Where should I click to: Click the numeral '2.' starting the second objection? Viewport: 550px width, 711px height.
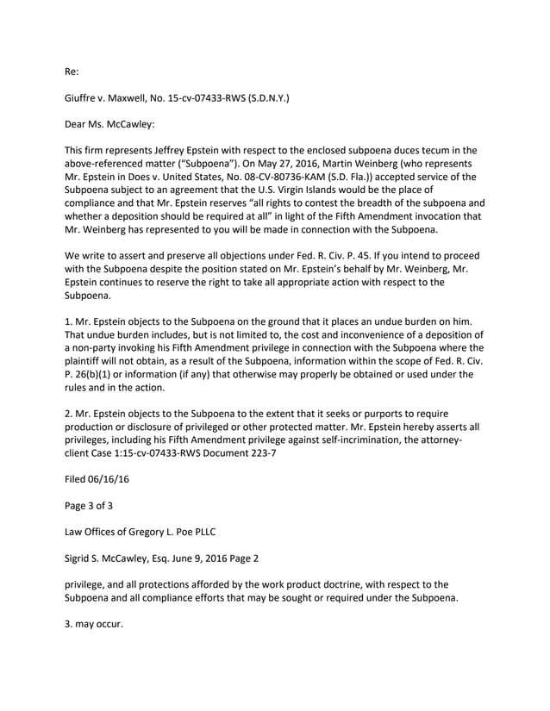click(x=69, y=414)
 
